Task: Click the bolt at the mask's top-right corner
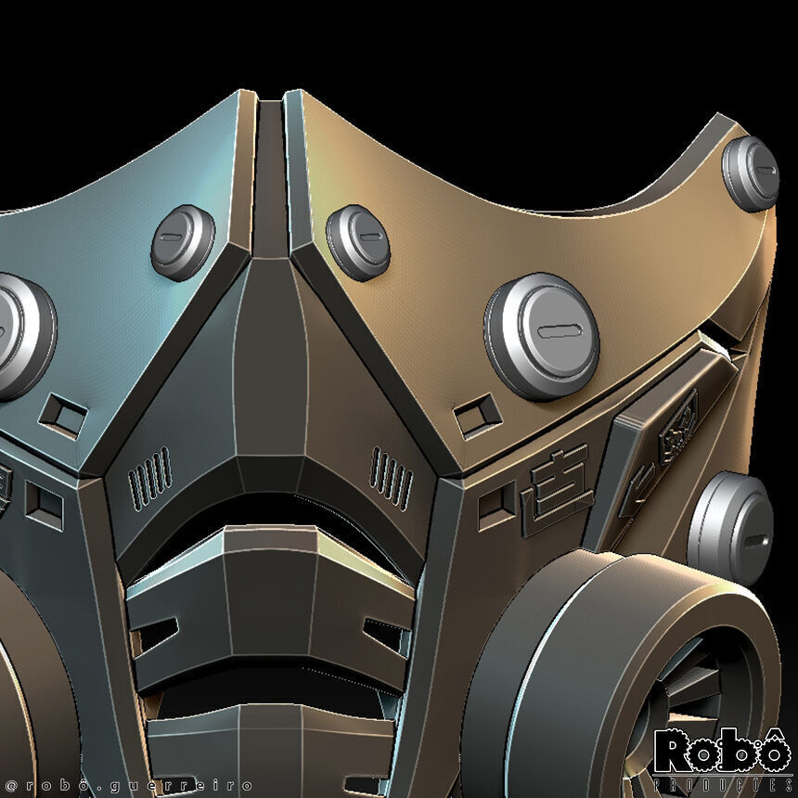[x=751, y=174]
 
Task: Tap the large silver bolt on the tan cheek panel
[x=542, y=335]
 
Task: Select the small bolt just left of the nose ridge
[x=183, y=243]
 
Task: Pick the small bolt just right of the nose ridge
[x=358, y=242]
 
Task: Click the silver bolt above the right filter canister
[x=731, y=529]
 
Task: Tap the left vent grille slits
[x=149, y=476]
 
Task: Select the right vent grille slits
[x=392, y=477]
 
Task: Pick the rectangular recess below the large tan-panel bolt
[x=478, y=416]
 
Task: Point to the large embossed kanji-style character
[x=556, y=493]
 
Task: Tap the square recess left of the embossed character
[x=496, y=504]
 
